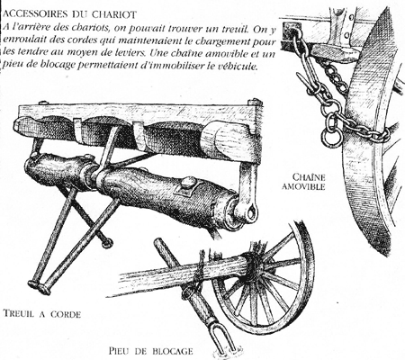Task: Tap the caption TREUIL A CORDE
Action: point(42,314)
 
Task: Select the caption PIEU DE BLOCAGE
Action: point(151,350)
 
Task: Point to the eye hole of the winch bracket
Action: point(252,213)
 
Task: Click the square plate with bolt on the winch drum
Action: point(187,187)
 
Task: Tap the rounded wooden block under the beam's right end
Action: point(222,139)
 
